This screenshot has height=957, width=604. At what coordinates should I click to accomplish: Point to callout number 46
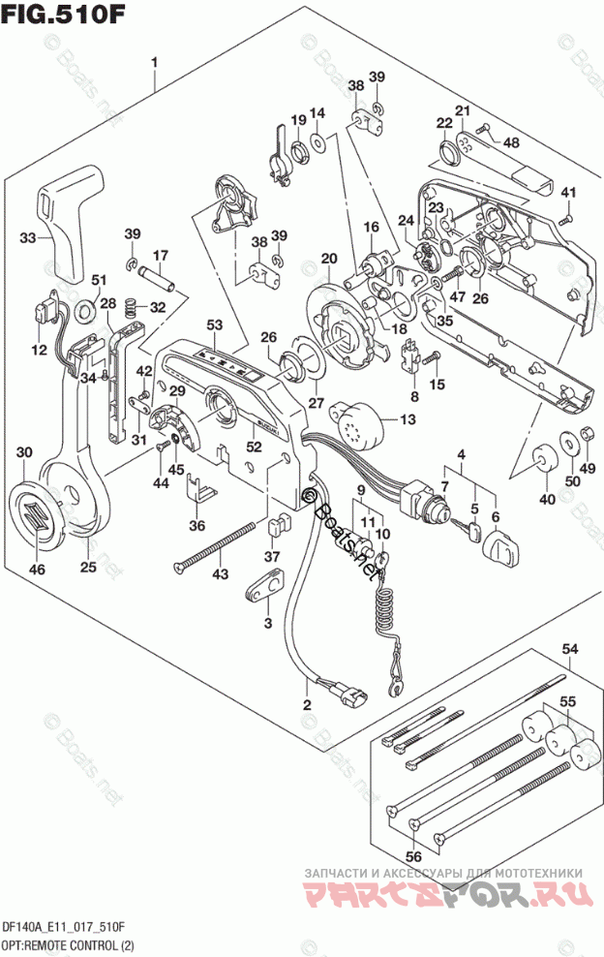point(37,570)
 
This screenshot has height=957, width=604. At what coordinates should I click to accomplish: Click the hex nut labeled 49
point(585,441)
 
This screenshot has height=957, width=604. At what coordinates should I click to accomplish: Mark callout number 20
point(329,258)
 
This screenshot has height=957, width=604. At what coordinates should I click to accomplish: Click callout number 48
point(510,142)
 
